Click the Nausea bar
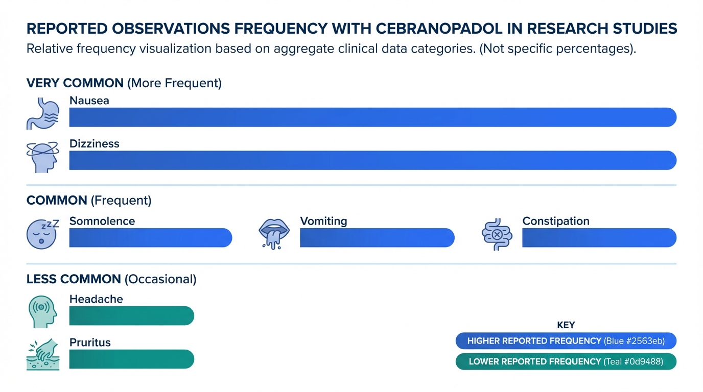pos(372,117)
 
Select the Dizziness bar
pos(372,160)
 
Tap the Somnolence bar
pos(150,238)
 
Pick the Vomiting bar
pos(377,238)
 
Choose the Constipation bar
pos(599,238)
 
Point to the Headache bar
pos(131,315)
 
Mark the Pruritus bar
pos(131,359)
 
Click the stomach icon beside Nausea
pos(42,113)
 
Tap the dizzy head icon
pos(42,157)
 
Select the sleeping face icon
pos(42,234)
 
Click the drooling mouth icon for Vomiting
pos(275,234)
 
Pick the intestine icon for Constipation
pos(497,234)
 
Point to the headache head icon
pos(42,311)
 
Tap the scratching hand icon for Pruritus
pos(42,355)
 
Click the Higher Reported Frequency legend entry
pos(566,341)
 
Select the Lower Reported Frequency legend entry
pos(566,361)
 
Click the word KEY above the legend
pos(566,325)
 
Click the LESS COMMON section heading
pos(74,279)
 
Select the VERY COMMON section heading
pos(75,83)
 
